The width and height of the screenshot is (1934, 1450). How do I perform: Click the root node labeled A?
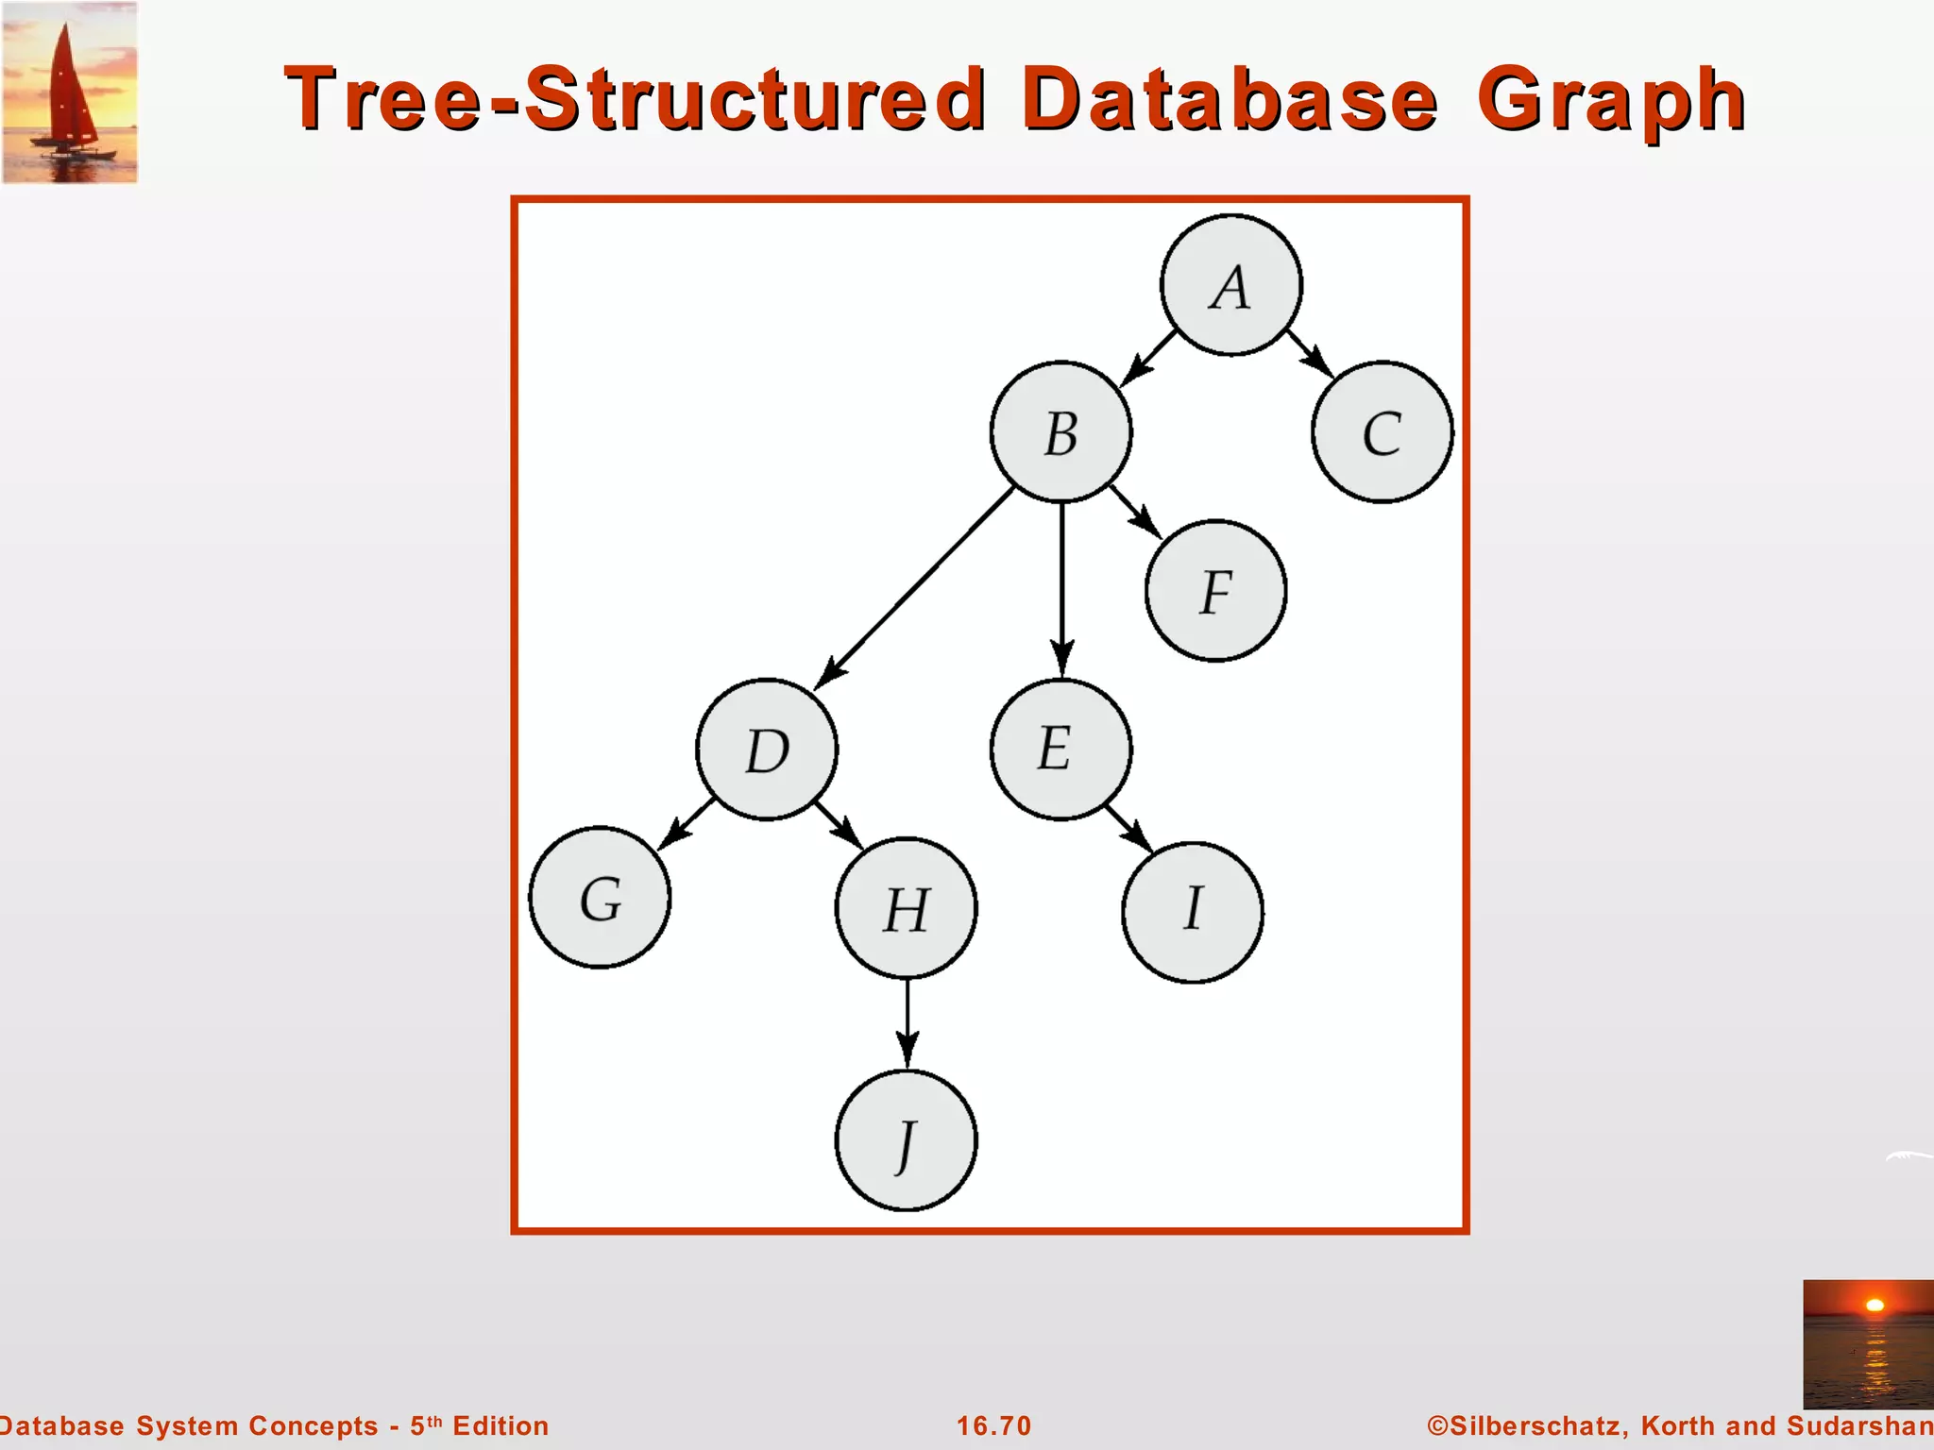point(1230,285)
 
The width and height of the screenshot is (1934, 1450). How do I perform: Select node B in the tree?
point(1060,432)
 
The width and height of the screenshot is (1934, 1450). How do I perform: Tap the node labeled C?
point(1383,432)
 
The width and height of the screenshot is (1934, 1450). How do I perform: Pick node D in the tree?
point(767,750)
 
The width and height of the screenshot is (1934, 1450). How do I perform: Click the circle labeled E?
point(1060,750)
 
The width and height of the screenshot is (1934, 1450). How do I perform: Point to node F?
point(1215,591)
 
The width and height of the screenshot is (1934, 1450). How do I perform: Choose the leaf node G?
point(600,897)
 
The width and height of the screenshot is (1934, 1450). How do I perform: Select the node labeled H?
point(907,908)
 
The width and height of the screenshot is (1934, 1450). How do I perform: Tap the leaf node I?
point(1193,912)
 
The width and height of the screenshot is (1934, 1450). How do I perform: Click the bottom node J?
point(907,1140)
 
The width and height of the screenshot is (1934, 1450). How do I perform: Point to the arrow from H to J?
point(908,1023)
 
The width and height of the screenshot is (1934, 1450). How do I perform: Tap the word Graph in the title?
point(1611,100)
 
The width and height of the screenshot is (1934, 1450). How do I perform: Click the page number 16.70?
point(993,1425)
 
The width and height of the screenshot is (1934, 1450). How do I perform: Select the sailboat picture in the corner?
point(71,93)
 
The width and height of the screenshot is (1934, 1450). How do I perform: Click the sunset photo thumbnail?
point(1867,1343)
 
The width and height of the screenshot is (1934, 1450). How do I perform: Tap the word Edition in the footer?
point(500,1425)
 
